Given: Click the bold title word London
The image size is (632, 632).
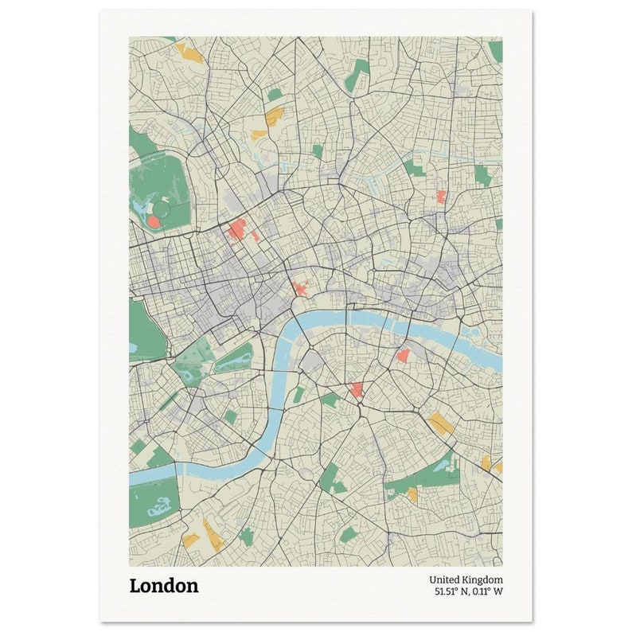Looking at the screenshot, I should pos(164,587).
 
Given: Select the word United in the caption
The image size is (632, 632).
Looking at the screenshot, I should pos(445,580).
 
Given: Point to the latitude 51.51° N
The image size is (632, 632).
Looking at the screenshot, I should pos(451,592).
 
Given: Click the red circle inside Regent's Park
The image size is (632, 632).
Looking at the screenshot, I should pos(153,220).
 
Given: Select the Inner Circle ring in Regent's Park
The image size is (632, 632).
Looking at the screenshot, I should pos(162,209).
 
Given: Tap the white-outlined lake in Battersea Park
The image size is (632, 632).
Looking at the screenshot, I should pos(159,505).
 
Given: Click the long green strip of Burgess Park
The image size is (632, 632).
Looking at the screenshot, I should pos(422,478).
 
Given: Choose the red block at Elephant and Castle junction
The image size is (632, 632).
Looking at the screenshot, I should pos(357,390).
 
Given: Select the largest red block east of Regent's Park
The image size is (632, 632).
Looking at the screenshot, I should pos(237,231).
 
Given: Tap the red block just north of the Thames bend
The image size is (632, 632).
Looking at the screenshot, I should pos(301,289).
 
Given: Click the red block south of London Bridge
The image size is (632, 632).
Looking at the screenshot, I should pos(403,355).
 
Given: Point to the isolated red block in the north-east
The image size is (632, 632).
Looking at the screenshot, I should pos(441,197).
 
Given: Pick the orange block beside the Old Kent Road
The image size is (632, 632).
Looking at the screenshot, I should pos(440,423).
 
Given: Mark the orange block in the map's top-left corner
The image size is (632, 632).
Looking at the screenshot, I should pos(189,53).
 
